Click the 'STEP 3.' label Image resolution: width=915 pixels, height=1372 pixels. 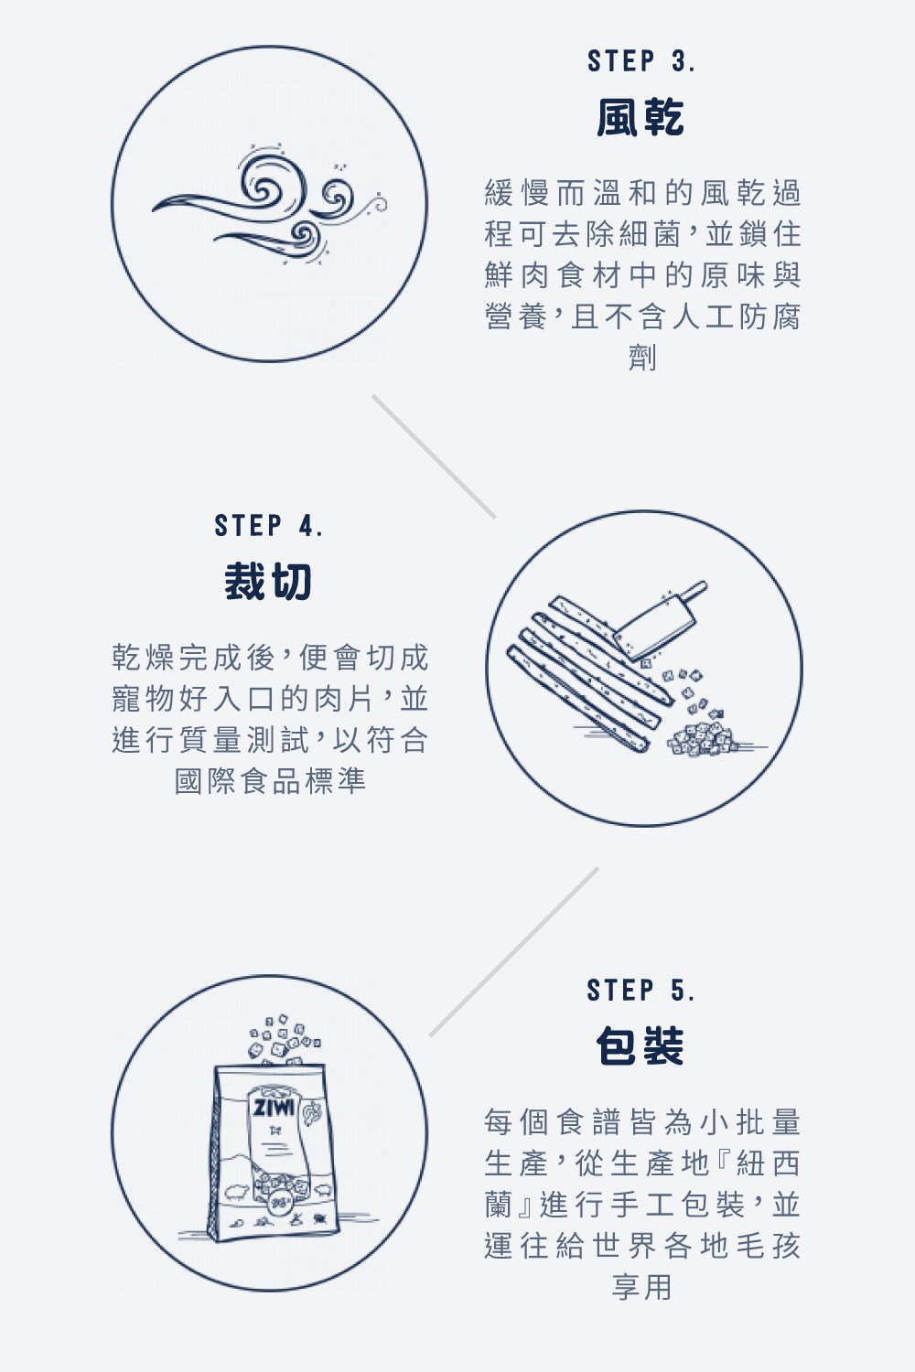(641, 61)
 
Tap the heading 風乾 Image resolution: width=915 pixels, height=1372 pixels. (640, 117)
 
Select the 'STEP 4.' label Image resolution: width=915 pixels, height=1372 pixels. (268, 526)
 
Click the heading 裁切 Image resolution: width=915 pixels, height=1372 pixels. (268, 581)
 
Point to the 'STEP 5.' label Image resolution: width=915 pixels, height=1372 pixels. (641, 990)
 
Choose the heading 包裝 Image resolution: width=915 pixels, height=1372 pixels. (640, 1045)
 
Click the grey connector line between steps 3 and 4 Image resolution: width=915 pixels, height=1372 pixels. (434, 457)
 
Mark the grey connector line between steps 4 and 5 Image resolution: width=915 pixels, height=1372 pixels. (513, 952)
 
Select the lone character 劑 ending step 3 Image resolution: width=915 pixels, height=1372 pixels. (642, 358)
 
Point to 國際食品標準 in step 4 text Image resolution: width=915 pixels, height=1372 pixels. (270, 781)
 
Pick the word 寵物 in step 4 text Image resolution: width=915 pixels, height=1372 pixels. (143, 698)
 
